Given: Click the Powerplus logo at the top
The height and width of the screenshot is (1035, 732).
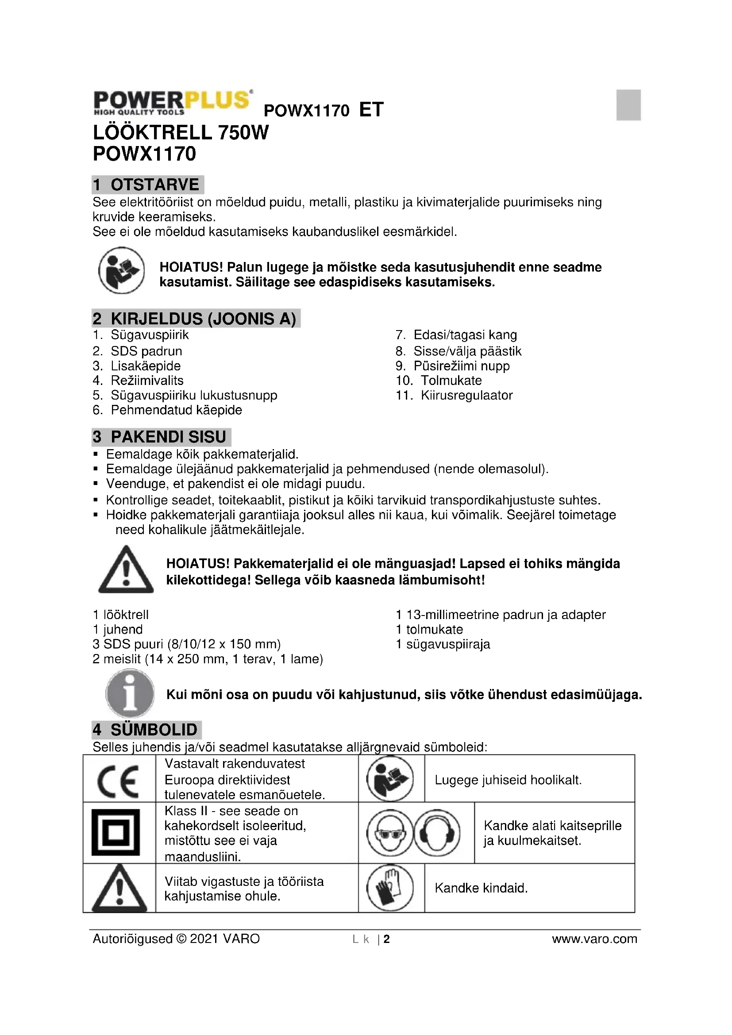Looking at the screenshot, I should click(x=172, y=102).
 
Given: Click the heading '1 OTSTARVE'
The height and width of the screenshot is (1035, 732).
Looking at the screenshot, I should click(x=147, y=185).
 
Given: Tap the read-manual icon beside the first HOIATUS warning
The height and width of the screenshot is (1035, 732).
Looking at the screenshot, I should click(x=121, y=270).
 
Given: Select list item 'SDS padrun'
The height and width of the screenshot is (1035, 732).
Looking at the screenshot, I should click(x=146, y=351).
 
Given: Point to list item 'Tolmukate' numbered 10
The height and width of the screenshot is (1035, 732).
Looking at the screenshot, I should click(x=451, y=381).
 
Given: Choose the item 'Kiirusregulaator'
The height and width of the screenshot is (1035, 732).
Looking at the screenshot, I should click(x=466, y=395).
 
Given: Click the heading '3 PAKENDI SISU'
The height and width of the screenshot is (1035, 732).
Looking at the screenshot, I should click(x=161, y=437).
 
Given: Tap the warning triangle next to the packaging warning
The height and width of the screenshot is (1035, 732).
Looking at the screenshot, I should click(x=126, y=570).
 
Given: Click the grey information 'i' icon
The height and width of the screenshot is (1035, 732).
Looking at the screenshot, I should click(x=130, y=693).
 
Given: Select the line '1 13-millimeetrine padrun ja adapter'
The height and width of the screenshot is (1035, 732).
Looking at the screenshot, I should click(x=501, y=615).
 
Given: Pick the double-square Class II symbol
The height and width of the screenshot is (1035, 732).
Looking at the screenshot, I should click(x=116, y=832).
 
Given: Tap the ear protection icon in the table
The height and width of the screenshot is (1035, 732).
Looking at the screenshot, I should click(x=437, y=833).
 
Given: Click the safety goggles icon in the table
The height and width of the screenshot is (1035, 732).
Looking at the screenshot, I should click(x=389, y=833).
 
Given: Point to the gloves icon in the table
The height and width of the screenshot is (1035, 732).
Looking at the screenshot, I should click(x=390, y=888).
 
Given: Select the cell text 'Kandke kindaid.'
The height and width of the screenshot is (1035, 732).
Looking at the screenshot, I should click(x=481, y=888).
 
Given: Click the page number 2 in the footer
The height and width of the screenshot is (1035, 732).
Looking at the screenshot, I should click(x=386, y=939).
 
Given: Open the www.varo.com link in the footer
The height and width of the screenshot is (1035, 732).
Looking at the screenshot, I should click(x=594, y=939).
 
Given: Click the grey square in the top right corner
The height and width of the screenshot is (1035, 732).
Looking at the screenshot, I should click(x=628, y=105).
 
